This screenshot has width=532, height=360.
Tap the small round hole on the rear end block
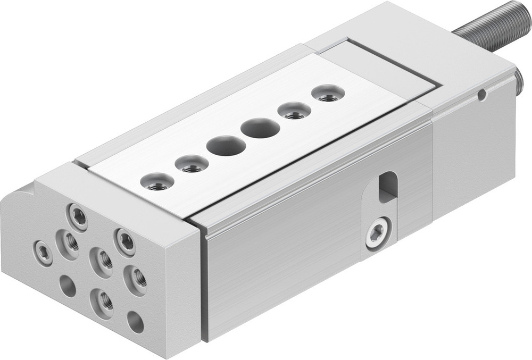tap(481, 95)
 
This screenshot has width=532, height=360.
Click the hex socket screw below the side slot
tap(377, 233)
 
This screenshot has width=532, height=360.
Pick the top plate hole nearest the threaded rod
tap(328, 94)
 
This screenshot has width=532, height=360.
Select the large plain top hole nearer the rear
tap(260, 128)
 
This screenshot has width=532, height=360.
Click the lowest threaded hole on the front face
tap(102, 300)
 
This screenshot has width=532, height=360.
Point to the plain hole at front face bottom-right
tap(135, 321)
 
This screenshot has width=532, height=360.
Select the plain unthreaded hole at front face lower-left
tap(68, 287)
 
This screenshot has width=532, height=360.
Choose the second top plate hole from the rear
tap(293, 111)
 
